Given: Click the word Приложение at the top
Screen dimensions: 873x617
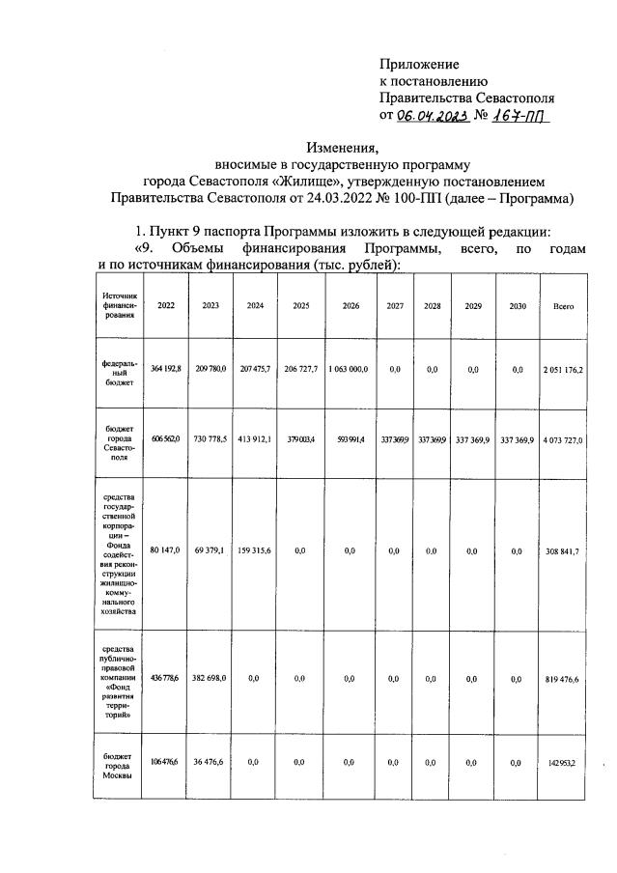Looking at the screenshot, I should [418, 65].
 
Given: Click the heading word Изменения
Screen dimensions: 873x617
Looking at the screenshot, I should [343, 148].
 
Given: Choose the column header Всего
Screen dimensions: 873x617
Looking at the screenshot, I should [564, 306].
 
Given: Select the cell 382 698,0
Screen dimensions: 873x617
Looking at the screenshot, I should [210, 679].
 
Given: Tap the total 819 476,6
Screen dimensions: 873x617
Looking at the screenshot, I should [564, 679].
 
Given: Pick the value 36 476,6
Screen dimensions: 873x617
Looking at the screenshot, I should [210, 761].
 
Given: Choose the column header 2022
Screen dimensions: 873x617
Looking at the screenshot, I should [166, 306].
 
